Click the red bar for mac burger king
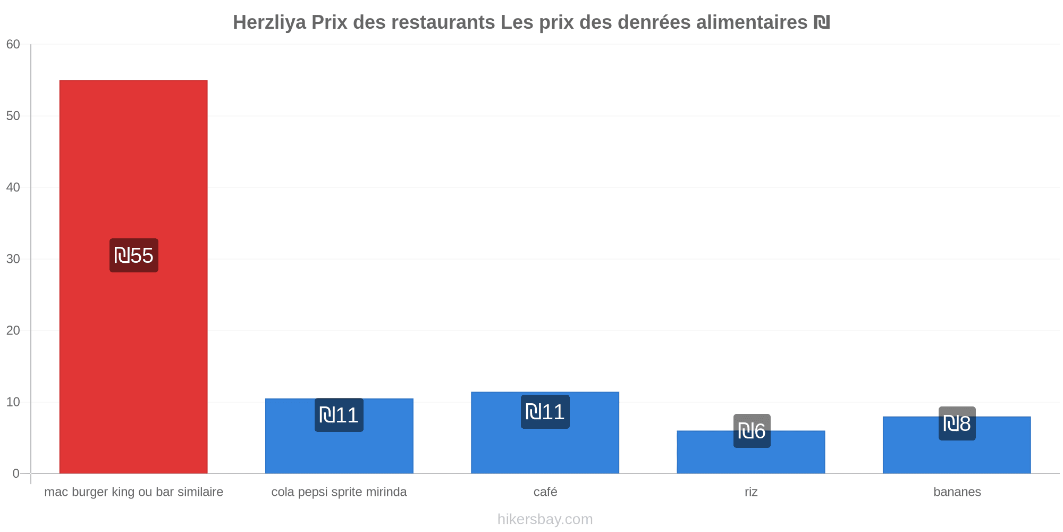[x=133, y=277]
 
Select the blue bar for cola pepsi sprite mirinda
[x=339, y=436]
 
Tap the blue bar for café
[x=545, y=433]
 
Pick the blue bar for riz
[x=750, y=452]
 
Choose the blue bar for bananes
[x=957, y=445]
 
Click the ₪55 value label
[x=134, y=255]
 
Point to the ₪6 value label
[x=752, y=431]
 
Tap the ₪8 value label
[x=957, y=423]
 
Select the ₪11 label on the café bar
[x=545, y=412]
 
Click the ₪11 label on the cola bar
[x=339, y=415]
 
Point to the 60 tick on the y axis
[x=13, y=45]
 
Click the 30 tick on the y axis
[x=13, y=259]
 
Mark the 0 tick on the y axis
[x=16, y=473]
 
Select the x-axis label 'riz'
[x=751, y=492]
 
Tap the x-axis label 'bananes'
[x=957, y=492]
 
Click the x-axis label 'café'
[x=545, y=492]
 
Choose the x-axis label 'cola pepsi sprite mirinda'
[x=339, y=492]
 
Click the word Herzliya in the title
[x=269, y=22]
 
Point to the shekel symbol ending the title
[x=821, y=22]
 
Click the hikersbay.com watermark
[x=545, y=519]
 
